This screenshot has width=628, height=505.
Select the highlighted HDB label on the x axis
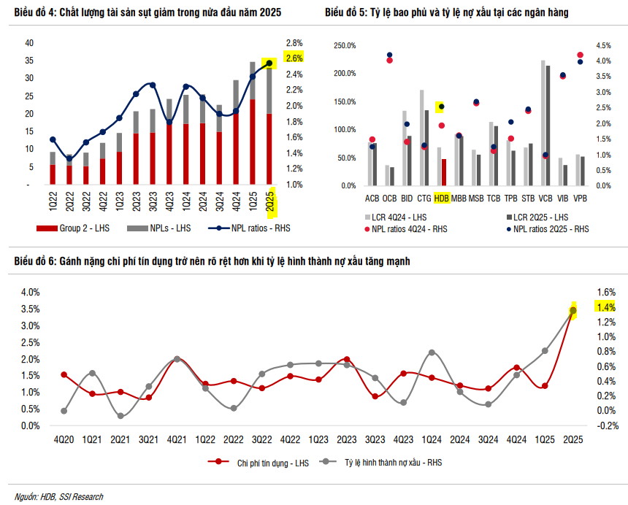click(x=441, y=198)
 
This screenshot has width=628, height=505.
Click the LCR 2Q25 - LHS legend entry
click(x=538, y=217)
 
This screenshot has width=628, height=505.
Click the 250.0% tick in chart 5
click(x=345, y=45)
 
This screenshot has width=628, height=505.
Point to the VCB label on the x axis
click(x=545, y=198)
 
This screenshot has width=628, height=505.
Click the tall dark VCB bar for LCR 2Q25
click(x=548, y=124)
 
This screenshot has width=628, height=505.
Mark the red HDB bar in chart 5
click(x=443, y=172)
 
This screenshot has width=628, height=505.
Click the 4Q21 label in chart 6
click(x=177, y=440)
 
